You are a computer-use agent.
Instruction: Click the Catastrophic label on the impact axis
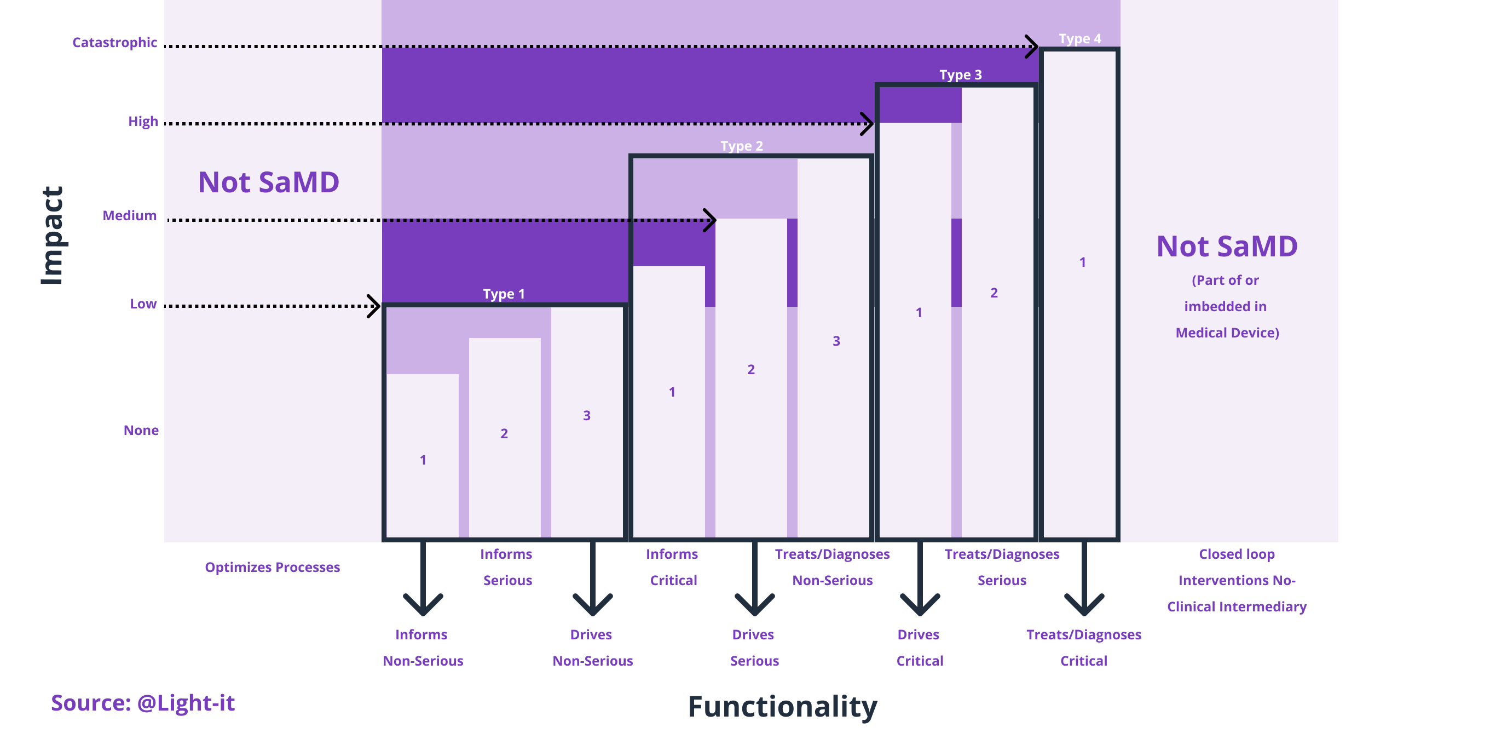pyautogui.click(x=114, y=42)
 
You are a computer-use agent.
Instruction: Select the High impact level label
pyautogui.click(x=143, y=121)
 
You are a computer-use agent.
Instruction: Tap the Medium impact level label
pyautogui.click(x=130, y=215)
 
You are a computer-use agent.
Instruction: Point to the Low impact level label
pyautogui.click(x=143, y=303)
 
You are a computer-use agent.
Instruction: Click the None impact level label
pyautogui.click(x=141, y=430)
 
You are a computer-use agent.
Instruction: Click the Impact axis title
pyautogui.click(x=52, y=235)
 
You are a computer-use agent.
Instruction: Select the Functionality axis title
pyautogui.click(x=782, y=706)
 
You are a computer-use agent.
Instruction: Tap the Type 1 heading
pyautogui.click(x=504, y=294)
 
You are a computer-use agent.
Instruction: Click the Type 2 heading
pyautogui.click(x=742, y=146)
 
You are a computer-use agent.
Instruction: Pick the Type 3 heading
pyautogui.click(x=960, y=75)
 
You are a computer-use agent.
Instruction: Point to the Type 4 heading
pyautogui.click(x=1080, y=39)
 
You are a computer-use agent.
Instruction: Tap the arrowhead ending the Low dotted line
pyautogui.click(x=374, y=306)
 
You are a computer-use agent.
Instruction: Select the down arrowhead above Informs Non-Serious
pyautogui.click(x=423, y=605)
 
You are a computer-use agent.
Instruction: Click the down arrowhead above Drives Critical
pyautogui.click(x=919, y=605)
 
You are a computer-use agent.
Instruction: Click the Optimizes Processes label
pyautogui.click(x=272, y=567)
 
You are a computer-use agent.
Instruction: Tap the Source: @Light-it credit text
pyautogui.click(x=143, y=703)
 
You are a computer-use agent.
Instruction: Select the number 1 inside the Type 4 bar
pyautogui.click(x=1082, y=262)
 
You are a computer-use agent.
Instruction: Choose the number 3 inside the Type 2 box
pyautogui.click(x=836, y=341)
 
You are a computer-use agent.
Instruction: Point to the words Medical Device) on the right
pyautogui.click(x=1227, y=333)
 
